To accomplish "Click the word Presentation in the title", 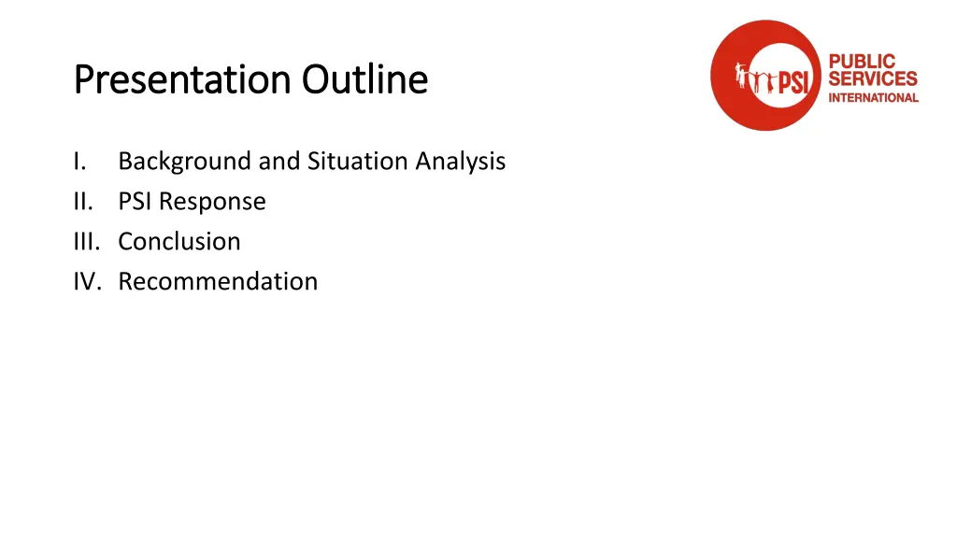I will point(183,81).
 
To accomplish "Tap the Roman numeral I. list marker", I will point(80,162).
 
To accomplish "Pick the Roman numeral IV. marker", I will point(89,282).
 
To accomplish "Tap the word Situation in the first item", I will point(357,162).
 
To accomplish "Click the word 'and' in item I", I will point(279,162).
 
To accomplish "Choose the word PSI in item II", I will point(136,202).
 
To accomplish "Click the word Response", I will point(212,203).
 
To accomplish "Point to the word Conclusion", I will point(179,242).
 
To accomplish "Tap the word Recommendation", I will point(218,282).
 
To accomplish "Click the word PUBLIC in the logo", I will point(861,62).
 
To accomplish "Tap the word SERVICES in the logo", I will point(873,79).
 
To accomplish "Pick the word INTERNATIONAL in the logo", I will point(873,97).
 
